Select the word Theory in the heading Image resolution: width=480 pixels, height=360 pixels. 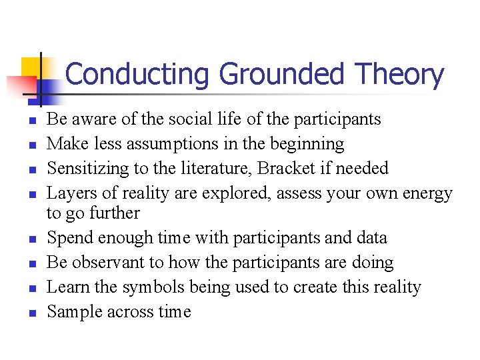399,75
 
